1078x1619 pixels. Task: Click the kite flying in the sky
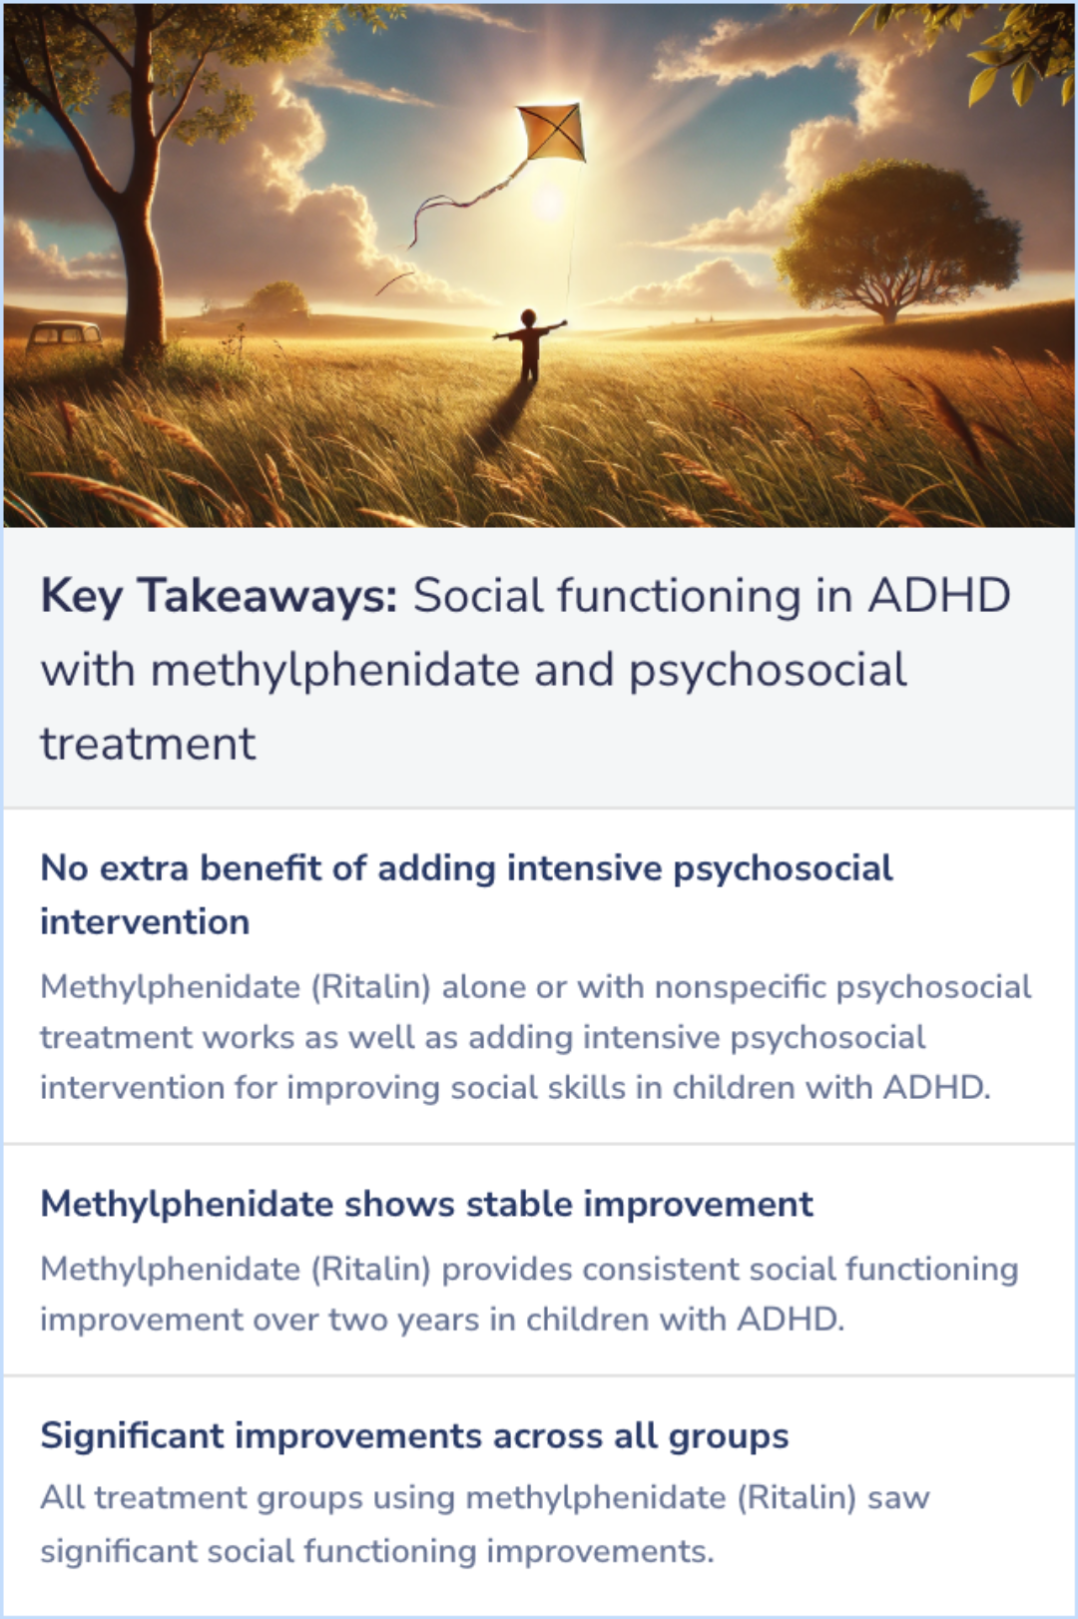point(552,132)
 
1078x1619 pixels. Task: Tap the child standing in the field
point(529,344)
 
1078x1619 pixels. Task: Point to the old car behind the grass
point(64,335)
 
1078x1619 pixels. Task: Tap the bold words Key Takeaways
point(219,596)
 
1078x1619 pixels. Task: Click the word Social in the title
point(478,596)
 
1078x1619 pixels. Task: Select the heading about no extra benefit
point(465,894)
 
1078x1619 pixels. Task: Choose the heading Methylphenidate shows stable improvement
point(426,1204)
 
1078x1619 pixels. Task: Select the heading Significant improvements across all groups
point(414,1435)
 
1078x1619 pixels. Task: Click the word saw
point(898,1497)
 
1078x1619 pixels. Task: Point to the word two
point(357,1320)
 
